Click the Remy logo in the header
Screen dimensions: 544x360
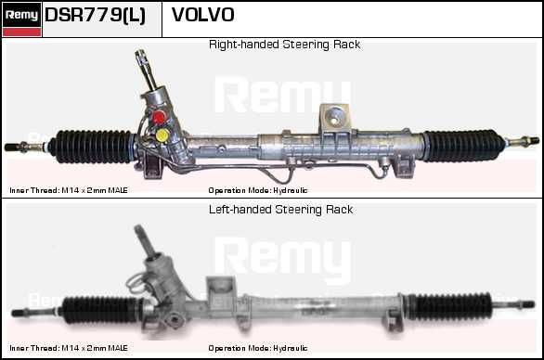(21, 19)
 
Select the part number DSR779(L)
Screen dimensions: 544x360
(95, 15)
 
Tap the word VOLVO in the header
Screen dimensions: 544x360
(203, 15)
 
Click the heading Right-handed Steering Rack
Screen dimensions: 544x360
(284, 45)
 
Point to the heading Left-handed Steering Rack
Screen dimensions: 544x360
(280, 210)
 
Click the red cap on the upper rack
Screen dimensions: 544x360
(159, 117)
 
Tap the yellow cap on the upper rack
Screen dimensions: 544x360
(162, 135)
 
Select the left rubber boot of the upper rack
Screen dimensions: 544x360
(91, 147)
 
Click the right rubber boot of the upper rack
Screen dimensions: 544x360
(463, 146)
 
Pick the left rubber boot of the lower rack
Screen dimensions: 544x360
(101, 310)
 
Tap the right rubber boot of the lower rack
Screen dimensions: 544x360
(449, 306)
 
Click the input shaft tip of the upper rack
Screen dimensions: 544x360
(141, 54)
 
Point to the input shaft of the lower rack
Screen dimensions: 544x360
(144, 242)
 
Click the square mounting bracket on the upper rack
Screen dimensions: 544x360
(334, 117)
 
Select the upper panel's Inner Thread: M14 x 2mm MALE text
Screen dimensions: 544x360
(69, 190)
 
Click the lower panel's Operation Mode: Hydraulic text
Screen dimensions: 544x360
(258, 348)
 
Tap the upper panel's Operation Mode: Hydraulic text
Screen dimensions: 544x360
(258, 190)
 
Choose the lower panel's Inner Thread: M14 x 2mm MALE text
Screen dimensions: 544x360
(69, 348)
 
